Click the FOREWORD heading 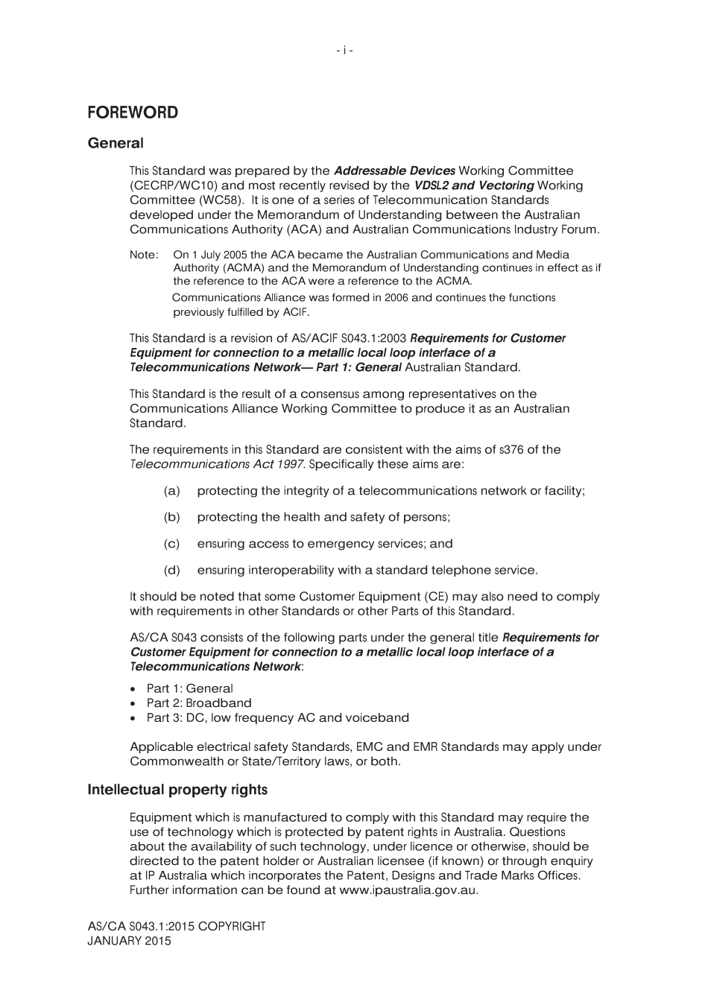[x=133, y=112]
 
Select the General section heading [x=116, y=143]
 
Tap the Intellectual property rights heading [x=177, y=790]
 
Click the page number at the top [x=344, y=51]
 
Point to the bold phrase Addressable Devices [x=394, y=171]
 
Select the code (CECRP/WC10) [x=175, y=186]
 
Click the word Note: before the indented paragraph [x=144, y=255]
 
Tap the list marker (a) [x=171, y=491]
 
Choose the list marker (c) [x=171, y=544]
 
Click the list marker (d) [x=171, y=571]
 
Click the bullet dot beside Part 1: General [x=133, y=689]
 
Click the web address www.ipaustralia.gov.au [x=408, y=890]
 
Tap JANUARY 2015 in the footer [x=129, y=942]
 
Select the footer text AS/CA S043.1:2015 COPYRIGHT [x=177, y=927]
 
